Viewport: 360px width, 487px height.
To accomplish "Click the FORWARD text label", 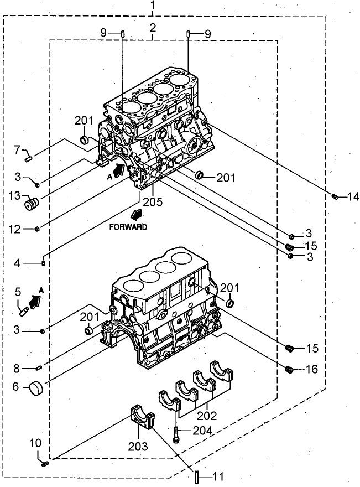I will (x=128, y=227).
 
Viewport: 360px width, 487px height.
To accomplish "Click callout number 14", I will (x=353, y=196).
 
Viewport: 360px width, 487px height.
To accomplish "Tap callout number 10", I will (x=35, y=443).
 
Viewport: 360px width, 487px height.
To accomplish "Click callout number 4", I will (x=18, y=263).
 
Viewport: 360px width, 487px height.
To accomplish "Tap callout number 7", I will (x=17, y=149).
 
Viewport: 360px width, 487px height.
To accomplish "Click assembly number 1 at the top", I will (x=153, y=6).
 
